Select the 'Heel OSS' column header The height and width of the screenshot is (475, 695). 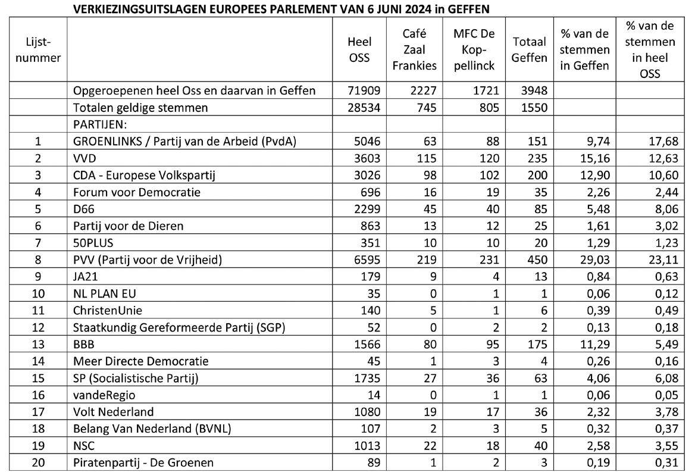[x=359, y=50]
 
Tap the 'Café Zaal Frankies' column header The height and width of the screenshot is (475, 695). [x=414, y=50]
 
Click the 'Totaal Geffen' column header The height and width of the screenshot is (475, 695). [x=530, y=50]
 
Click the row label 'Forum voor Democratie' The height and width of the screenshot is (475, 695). [x=136, y=192]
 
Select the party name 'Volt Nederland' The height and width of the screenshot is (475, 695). [x=113, y=411]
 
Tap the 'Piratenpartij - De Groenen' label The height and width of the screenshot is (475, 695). [x=143, y=462]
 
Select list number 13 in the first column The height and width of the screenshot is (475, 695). [x=39, y=344]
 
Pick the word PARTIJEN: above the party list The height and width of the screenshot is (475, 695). [x=100, y=125]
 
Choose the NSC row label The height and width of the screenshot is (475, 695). [x=84, y=445]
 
